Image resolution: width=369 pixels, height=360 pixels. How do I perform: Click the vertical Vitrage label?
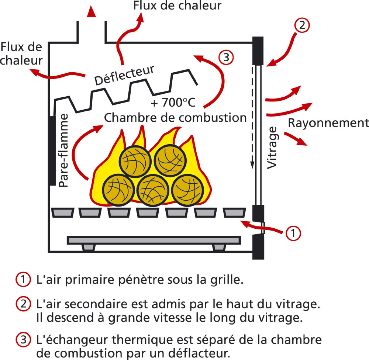point(272,148)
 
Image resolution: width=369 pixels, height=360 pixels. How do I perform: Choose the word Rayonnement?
point(328,123)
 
